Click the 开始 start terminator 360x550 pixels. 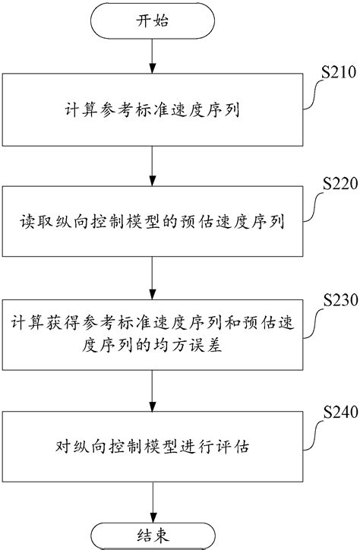tap(153, 23)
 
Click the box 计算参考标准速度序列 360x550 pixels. tap(153, 112)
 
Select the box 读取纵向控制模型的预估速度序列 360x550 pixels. tap(153, 224)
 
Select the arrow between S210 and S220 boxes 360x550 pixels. tap(153, 168)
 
